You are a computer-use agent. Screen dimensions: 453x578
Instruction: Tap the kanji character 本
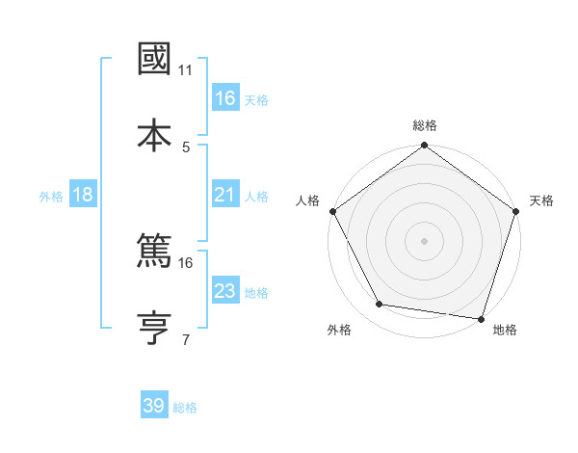point(155,134)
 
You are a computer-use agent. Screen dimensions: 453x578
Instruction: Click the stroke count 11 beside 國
point(186,70)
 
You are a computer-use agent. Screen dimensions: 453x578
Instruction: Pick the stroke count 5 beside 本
point(186,147)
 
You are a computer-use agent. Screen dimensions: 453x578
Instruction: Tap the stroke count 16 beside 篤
point(186,262)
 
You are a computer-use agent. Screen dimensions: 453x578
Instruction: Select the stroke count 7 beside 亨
point(186,339)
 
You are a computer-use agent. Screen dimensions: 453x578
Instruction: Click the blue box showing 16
point(224,98)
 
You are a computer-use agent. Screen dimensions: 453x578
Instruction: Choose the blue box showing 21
point(224,195)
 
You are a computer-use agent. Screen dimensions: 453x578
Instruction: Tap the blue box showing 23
point(224,291)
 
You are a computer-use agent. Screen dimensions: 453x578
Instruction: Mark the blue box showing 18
point(83,195)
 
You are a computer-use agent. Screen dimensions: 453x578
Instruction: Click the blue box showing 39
point(154,406)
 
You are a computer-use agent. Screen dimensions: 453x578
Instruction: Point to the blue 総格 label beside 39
point(185,408)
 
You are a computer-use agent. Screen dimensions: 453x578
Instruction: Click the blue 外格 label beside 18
point(51,197)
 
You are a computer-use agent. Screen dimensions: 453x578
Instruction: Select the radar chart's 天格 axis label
point(541,200)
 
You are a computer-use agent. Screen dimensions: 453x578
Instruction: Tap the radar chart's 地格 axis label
point(505,330)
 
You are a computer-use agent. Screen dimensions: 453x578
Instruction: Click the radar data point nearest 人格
point(333,210)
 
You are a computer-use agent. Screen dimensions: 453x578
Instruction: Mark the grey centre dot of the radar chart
point(424,240)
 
